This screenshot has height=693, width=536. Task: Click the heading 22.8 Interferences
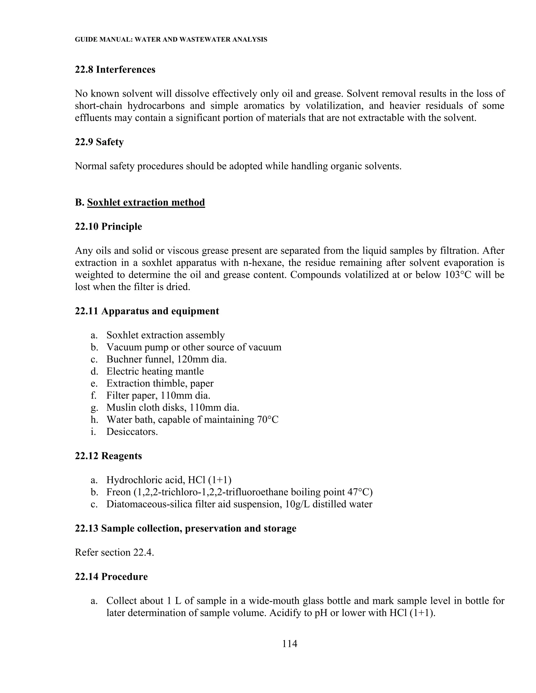click(115, 70)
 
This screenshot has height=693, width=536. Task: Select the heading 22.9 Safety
click(99, 142)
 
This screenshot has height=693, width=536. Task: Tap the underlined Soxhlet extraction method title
click(146, 202)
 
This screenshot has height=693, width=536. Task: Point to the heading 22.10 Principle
click(108, 226)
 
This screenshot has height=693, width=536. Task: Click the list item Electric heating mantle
click(155, 371)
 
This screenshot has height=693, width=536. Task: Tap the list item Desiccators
click(132, 431)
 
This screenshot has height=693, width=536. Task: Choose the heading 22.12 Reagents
click(108, 456)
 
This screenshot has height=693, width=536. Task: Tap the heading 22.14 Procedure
click(111, 577)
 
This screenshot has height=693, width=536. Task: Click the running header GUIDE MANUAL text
click(171, 40)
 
